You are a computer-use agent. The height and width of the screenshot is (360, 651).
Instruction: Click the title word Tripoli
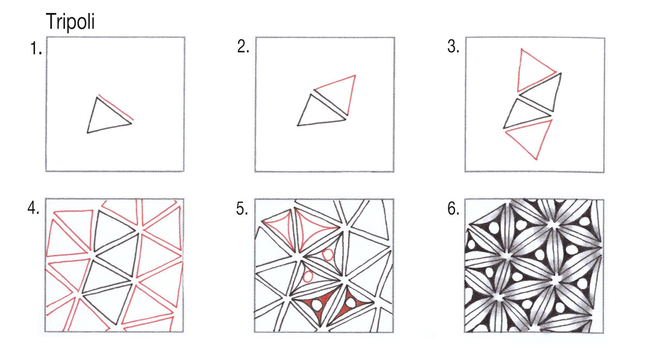point(71,22)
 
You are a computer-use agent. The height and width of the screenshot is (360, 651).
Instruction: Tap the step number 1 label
point(36,48)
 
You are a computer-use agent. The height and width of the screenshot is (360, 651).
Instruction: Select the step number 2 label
point(243,47)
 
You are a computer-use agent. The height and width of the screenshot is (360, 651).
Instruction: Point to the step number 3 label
point(453,47)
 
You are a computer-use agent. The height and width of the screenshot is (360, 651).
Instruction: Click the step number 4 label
point(34,208)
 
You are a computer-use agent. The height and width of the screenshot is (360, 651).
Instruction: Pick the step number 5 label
point(242,209)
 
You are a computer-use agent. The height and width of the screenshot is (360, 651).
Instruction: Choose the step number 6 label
point(453,209)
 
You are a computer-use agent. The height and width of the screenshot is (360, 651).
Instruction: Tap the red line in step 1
point(116,107)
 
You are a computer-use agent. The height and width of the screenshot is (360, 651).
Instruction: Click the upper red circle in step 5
point(328,255)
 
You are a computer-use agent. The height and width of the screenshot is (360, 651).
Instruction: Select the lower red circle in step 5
point(308,277)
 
